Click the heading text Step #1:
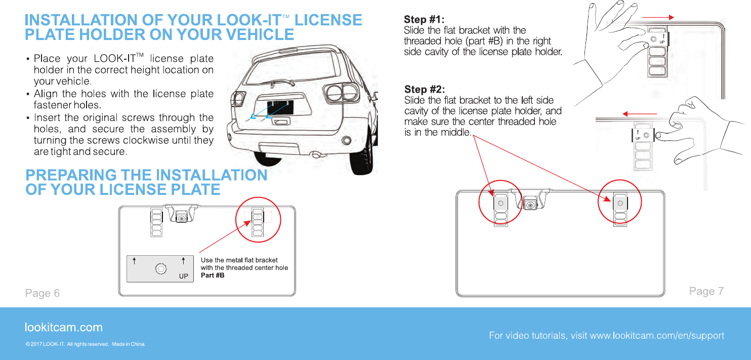tap(424, 20)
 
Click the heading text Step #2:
tap(424, 90)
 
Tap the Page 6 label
tap(43, 293)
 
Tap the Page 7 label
tap(706, 291)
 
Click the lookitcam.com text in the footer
tap(64, 327)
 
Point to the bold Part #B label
tap(213, 275)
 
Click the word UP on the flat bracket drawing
tap(184, 276)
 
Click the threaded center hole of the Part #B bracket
tap(160, 268)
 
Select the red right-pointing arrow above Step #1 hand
tap(658, 17)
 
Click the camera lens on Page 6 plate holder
tap(182, 218)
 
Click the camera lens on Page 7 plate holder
tap(530, 205)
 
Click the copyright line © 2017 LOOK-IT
tap(86, 345)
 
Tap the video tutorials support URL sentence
tap(606, 336)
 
